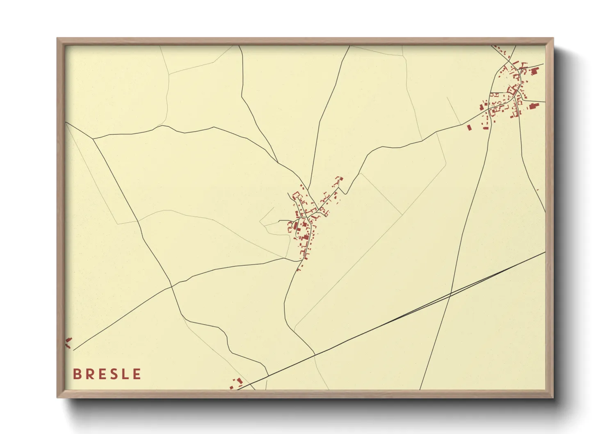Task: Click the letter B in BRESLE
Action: click(77, 374)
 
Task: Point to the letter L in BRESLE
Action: click(125, 374)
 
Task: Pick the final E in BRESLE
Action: click(137, 374)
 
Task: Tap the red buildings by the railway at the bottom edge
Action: click(237, 384)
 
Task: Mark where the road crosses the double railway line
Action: click(450, 294)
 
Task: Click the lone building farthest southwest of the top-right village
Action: click(470, 127)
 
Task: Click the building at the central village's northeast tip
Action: click(339, 179)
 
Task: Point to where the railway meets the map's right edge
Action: click(545, 253)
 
